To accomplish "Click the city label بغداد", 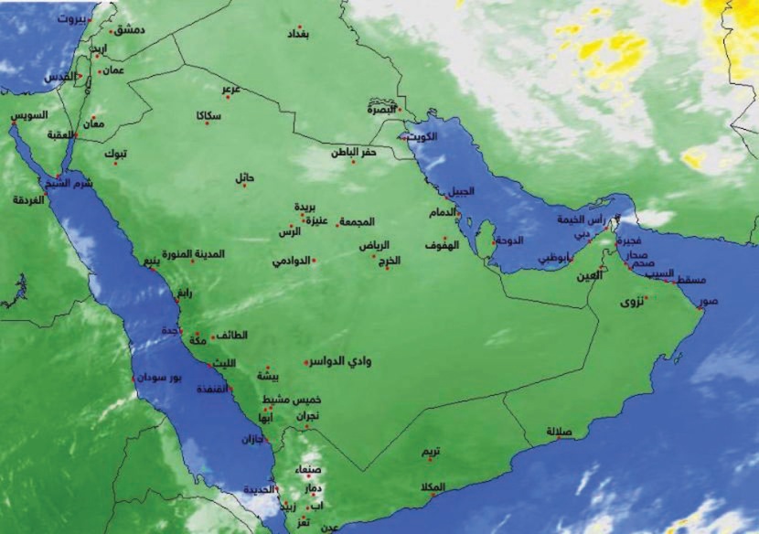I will [x=298, y=35].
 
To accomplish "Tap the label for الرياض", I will [x=373, y=245].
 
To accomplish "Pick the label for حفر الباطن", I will [x=354, y=153].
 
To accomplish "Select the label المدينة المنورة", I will [x=194, y=253].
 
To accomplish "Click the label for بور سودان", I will [x=159, y=377].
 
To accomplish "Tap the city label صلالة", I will [x=559, y=431].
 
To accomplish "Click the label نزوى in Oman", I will [x=632, y=301].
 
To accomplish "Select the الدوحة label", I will [x=508, y=241].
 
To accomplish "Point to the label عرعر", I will [x=230, y=89].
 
